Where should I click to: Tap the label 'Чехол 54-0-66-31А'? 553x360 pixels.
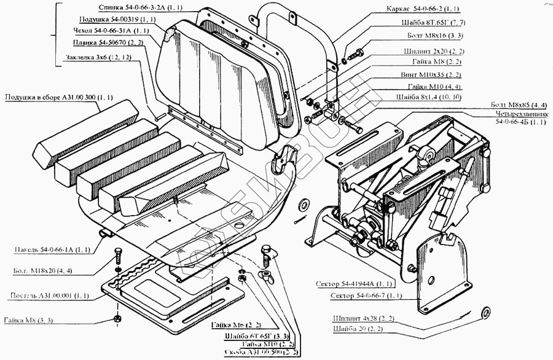(113, 30)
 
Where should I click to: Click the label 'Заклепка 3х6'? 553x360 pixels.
(98, 58)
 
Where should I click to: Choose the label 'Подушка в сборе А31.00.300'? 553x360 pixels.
(59, 97)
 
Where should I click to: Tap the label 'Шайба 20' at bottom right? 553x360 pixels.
(369, 330)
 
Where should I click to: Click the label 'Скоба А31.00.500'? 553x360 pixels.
(259, 353)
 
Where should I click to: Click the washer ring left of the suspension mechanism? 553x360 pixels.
(303, 204)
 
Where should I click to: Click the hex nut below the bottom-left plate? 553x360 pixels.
(117, 319)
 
